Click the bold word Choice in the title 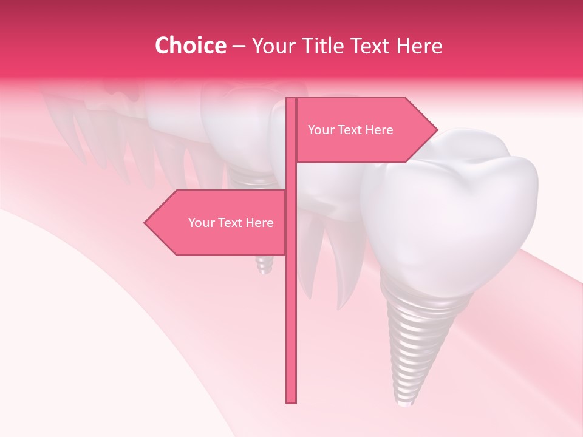click(x=190, y=46)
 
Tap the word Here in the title click(x=419, y=46)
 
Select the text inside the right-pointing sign click(x=350, y=130)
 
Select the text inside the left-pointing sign click(x=231, y=223)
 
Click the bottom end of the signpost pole click(x=291, y=401)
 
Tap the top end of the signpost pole click(x=291, y=100)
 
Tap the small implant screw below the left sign click(x=264, y=265)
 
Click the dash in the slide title click(x=239, y=46)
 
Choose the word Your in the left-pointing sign click(x=201, y=223)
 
